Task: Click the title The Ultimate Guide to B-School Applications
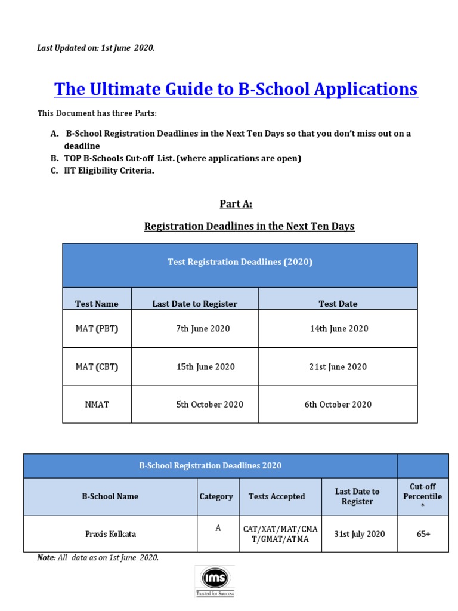[x=236, y=90]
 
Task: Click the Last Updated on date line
[x=96, y=48]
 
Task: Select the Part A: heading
[x=236, y=205]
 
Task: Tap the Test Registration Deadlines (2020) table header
[x=240, y=263]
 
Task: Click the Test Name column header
[x=97, y=304]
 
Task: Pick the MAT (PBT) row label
[x=97, y=329]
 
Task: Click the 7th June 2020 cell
[x=203, y=329]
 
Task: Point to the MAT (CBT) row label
[x=97, y=367]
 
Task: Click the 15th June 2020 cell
[x=205, y=367]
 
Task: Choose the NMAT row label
[x=97, y=405]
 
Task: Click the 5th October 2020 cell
[x=209, y=405]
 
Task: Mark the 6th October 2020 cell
[x=338, y=405]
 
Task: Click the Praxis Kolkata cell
[x=110, y=534]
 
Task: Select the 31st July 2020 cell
[x=359, y=534]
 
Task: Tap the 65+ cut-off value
[x=423, y=534]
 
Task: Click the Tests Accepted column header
[x=277, y=496]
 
